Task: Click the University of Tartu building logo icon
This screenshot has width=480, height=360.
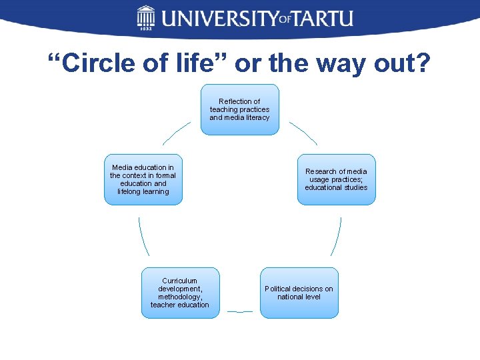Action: (x=146, y=17)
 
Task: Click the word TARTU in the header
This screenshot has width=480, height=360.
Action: (x=324, y=17)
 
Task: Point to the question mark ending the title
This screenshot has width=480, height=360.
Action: (x=423, y=64)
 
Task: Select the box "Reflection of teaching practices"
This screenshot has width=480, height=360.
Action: (x=239, y=109)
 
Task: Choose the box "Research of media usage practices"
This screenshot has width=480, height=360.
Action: (x=336, y=179)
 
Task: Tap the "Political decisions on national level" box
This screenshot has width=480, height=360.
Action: (x=299, y=293)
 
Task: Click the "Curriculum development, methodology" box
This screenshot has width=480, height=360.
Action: (x=179, y=293)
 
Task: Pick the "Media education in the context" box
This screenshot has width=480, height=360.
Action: (x=143, y=179)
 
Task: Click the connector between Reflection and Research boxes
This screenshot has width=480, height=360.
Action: (x=303, y=133)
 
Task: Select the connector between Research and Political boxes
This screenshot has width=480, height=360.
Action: (x=336, y=236)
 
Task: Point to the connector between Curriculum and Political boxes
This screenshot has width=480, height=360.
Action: (x=239, y=311)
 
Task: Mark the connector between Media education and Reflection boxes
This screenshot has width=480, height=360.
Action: (x=176, y=133)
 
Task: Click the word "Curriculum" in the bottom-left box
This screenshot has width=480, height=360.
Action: (x=180, y=281)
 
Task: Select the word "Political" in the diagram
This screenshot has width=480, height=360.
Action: (x=278, y=289)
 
